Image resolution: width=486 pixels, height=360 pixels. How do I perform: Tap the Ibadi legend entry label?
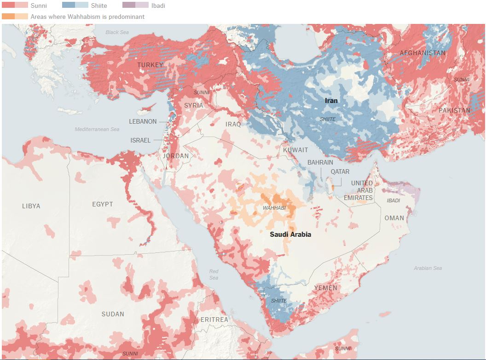pyautogui.click(x=157, y=6)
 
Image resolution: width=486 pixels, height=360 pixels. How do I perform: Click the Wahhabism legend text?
pyautogui.click(x=87, y=17)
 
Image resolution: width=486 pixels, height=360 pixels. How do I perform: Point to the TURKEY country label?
pyautogui.click(x=150, y=65)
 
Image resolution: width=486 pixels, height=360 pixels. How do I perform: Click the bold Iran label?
pyautogui.click(x=331, y=100)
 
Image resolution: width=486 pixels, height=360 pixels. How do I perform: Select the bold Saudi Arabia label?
pyautogui.click(x=290, y=234)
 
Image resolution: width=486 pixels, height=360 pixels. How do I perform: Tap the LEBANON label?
pyautogui.click(x=143, y=121)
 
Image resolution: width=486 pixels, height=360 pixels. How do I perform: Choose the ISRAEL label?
pyautogui.click(x=140, y=140)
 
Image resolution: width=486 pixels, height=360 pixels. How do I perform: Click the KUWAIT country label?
pyautogui.click(x=295, y=150)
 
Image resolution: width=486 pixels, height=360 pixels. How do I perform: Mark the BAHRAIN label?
pyautogui.click(x=320, y=162)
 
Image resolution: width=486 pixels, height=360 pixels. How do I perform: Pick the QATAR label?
pyautogui.click(x=340, y=171)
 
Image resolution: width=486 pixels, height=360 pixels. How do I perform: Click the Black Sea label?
pyautogui.click(x=117, y=32)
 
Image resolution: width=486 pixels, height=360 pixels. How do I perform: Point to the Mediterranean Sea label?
pyautogui.click(x=97, y=130)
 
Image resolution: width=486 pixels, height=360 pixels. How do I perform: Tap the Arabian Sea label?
pyautogui.click(x=428, y=268)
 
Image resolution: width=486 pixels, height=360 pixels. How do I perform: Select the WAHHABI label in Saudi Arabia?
pyautogui.click(x=274, y=208)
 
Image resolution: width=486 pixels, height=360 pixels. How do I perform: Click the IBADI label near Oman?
pyautogui.click(x=393, y=200)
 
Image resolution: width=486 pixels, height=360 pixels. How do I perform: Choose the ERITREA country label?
pyautogui.click(x=214, y=319)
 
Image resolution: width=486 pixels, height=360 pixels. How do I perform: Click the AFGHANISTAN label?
pyautogui.click(x=422, y=53)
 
